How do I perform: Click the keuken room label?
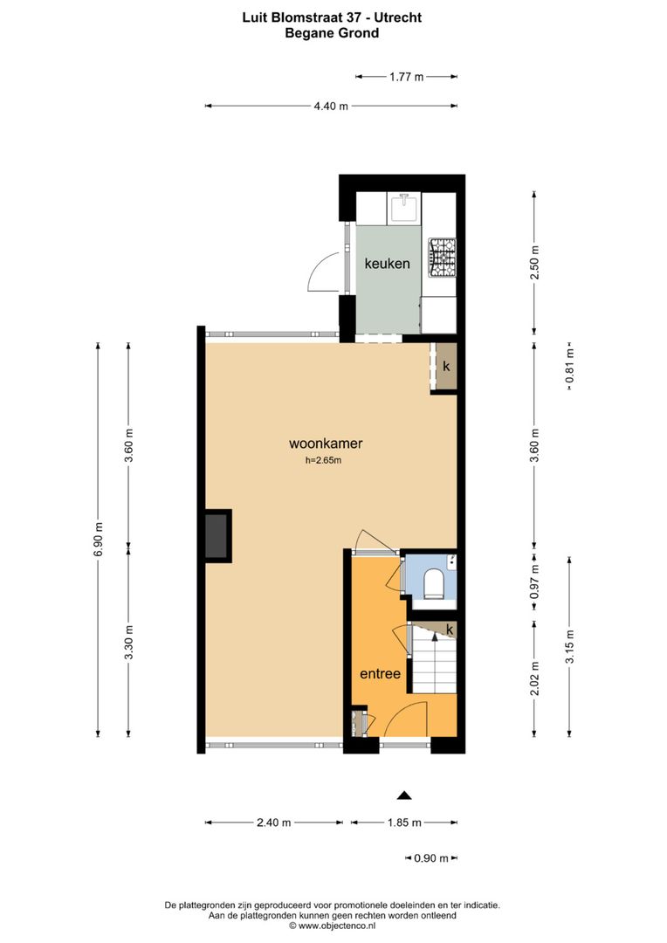click(387, 263)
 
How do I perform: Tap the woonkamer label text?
click(327, 444)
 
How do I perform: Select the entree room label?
click(380, 673)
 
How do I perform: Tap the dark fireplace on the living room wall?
click(217, 536)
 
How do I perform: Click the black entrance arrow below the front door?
click(403, 795)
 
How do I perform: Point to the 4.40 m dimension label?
click(331, 107)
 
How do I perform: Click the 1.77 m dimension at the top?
click(406, 77)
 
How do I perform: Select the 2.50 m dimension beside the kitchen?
click(534, 261)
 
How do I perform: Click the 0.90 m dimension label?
click(431, 858)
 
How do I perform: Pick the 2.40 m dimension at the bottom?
click(274, 823)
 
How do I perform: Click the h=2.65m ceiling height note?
click(323, 461)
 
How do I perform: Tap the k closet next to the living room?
click(446, 367)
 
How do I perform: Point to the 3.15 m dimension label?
click(569, 646)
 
